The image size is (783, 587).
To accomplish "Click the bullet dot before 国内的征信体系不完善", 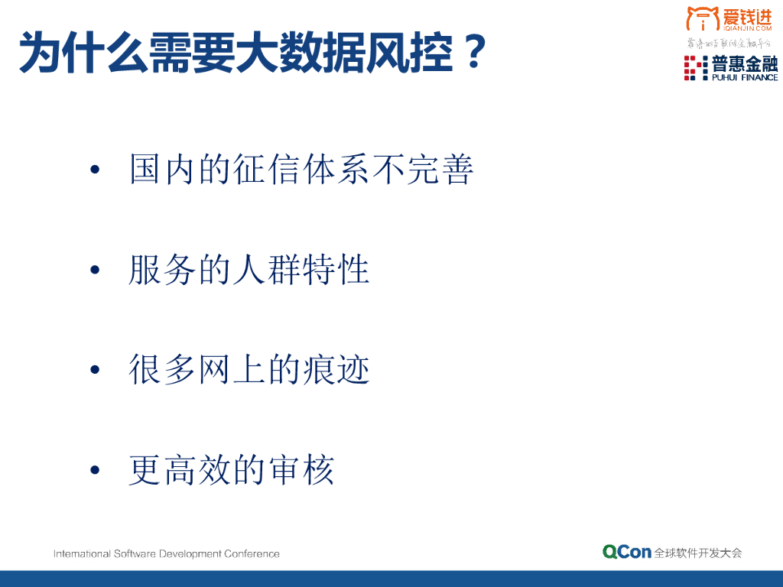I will (95, 170).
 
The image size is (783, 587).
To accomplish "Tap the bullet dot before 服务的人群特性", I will (95, 271).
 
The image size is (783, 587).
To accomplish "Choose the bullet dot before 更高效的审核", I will (95, 471).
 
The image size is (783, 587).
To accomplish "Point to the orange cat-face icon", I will (702, 18).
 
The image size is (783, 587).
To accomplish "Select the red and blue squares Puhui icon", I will (695, 68).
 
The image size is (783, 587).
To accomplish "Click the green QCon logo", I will (626, 552).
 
